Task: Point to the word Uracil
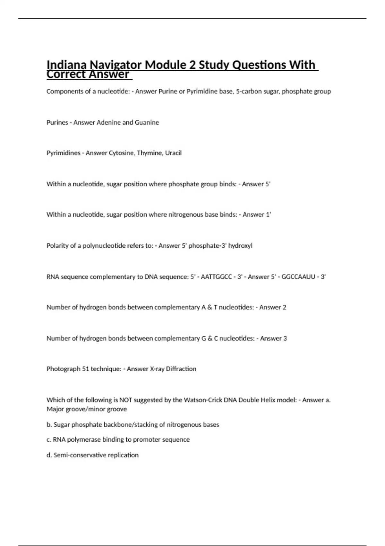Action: (x=173, y=153)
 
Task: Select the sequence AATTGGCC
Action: (x=216, y=277)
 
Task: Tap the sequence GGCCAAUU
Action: (x=298, y=277)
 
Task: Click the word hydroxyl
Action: (x=240, y=246)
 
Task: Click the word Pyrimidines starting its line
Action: (x=63, y=153)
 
